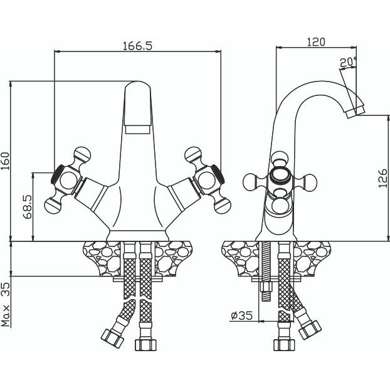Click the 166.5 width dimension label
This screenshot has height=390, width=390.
click(x=137, y=46)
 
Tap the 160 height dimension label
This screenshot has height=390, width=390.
click(x=6, y=161)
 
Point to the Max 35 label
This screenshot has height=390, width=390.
click(x=6, y=305)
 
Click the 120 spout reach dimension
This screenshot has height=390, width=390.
click(x=315, y=42)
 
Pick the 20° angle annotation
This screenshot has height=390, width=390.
click(x=348, y=62)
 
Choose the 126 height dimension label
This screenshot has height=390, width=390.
click(x=382, y=178)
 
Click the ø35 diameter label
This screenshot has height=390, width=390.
click(x=242, y=315)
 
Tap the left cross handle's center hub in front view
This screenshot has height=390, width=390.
click(x=68, y=180)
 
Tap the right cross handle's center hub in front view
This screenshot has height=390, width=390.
click(x=207, y=180)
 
